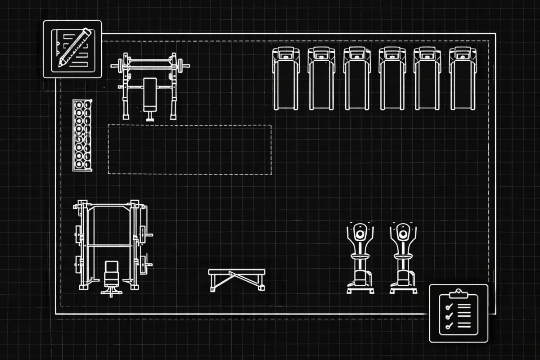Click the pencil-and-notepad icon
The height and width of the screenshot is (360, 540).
point(72,49)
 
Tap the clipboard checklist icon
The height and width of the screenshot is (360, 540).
point(458,313)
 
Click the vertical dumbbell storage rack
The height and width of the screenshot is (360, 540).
point(82,135)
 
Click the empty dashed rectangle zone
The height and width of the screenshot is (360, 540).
point(189,149)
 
